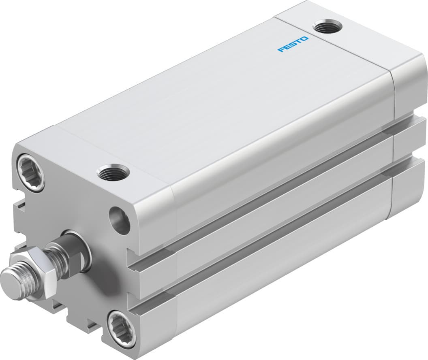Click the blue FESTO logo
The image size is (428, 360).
[x=293, y=44]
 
